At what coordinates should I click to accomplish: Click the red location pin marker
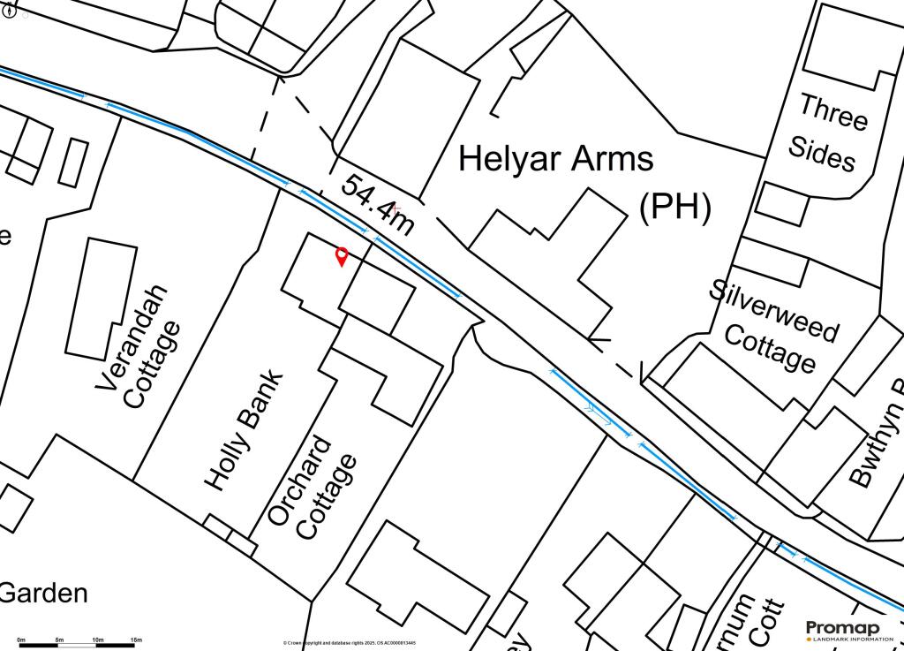[342, 257]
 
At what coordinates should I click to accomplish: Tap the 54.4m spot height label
[377, 205]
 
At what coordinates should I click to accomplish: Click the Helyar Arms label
[556, 159]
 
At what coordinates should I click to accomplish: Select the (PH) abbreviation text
[674, 207]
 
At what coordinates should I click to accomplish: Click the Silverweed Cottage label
[773, 326]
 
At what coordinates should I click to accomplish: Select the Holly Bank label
[245, 430]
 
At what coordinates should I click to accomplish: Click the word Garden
[44, 593]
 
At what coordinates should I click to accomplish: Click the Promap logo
[843, 629]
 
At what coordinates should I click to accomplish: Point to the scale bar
[79, 646]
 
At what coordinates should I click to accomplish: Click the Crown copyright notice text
[350, 643]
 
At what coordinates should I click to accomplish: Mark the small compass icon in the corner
[10, 11]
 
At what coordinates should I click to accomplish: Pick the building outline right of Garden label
[419, 579]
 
